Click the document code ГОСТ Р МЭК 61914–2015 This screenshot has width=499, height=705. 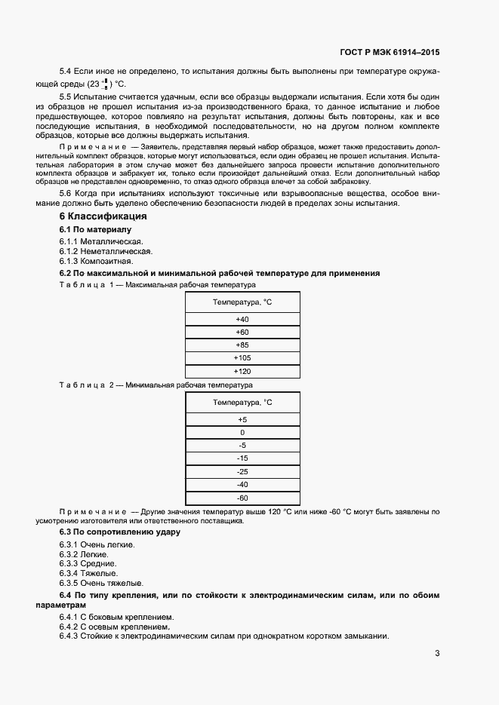pyautogui.click(x=390, y=53)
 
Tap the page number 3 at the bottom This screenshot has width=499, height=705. pyautogui.click(x=437, y=653)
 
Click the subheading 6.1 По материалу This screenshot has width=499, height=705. pyautogui.click(x=95, y=229)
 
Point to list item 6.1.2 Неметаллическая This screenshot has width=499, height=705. pyautogui.click(x=106, y=251)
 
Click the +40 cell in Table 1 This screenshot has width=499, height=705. pyautogui.click(x=242, y=320)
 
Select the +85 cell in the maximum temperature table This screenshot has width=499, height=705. pyautogui.click(x=242, y=345)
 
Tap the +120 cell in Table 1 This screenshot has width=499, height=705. pyautogui.click(x=242, y=372)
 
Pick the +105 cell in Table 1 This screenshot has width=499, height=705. pyautogui.click(x=242, y=358)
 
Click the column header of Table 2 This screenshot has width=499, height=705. pyautogui.click(x=242, y=403)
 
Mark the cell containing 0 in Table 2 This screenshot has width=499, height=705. pyautogui.click(x=242, y=433)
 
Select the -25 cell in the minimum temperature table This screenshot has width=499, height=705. pyautogui.click(x=242, y=471)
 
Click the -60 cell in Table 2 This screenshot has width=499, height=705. pyautogui.click(x=242, y=498)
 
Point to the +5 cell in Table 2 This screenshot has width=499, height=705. pyautogui.click(x=242, y=420)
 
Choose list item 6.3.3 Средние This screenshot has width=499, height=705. pyautogui.click(x=88, y=564)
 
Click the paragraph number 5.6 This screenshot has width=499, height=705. pyautogui.click(x=66, y=194)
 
